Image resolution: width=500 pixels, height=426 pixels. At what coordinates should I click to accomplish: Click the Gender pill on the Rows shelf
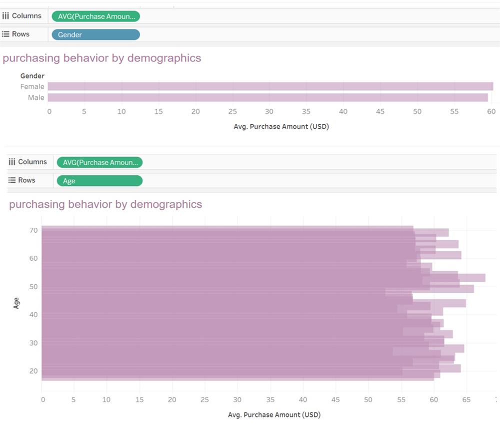(95, 34)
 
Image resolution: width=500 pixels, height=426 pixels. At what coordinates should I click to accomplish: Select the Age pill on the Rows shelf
(99, 181)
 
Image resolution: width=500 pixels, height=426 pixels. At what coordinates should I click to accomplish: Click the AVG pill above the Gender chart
(95, 16)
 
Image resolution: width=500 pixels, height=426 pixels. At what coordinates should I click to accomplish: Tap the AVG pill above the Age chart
(99, 162)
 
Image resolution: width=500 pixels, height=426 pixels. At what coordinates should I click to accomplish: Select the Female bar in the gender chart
(270, 86)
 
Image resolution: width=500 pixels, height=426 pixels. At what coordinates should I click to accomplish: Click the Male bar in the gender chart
(267, 97)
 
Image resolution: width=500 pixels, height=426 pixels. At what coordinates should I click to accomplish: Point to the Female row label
(32, 86)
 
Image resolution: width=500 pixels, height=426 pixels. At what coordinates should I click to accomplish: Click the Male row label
(36, 97)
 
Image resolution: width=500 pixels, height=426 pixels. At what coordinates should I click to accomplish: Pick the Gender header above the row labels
(32, 76)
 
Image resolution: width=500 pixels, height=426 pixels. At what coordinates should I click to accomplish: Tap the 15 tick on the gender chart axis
(158, 111)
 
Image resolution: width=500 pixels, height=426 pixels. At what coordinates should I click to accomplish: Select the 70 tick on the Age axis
(33, 231)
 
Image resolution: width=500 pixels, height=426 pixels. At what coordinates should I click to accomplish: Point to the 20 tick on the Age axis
(33, 371)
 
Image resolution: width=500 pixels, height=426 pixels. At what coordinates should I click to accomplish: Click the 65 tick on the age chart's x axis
(466, 400)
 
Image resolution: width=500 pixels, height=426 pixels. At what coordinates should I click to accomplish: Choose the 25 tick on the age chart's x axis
(204, 400)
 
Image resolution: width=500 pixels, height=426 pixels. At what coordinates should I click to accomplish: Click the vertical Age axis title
(16, 303)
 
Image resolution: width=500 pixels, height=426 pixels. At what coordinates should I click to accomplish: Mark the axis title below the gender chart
(281, 126)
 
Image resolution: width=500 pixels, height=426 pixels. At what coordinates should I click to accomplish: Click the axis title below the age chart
(274, 415)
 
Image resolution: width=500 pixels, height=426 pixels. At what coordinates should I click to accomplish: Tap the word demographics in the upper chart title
(164, 58)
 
